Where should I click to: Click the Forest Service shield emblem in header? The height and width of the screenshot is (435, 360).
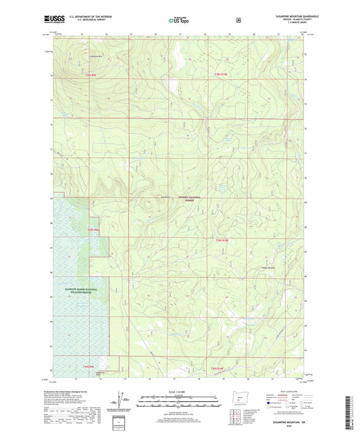(x=238, y=20)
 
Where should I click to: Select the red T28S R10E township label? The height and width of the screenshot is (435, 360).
(x=222, y=74)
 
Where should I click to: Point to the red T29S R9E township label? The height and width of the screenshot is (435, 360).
(x=93, y=230)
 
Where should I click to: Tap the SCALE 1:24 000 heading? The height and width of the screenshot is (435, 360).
(x=179, y=392)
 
